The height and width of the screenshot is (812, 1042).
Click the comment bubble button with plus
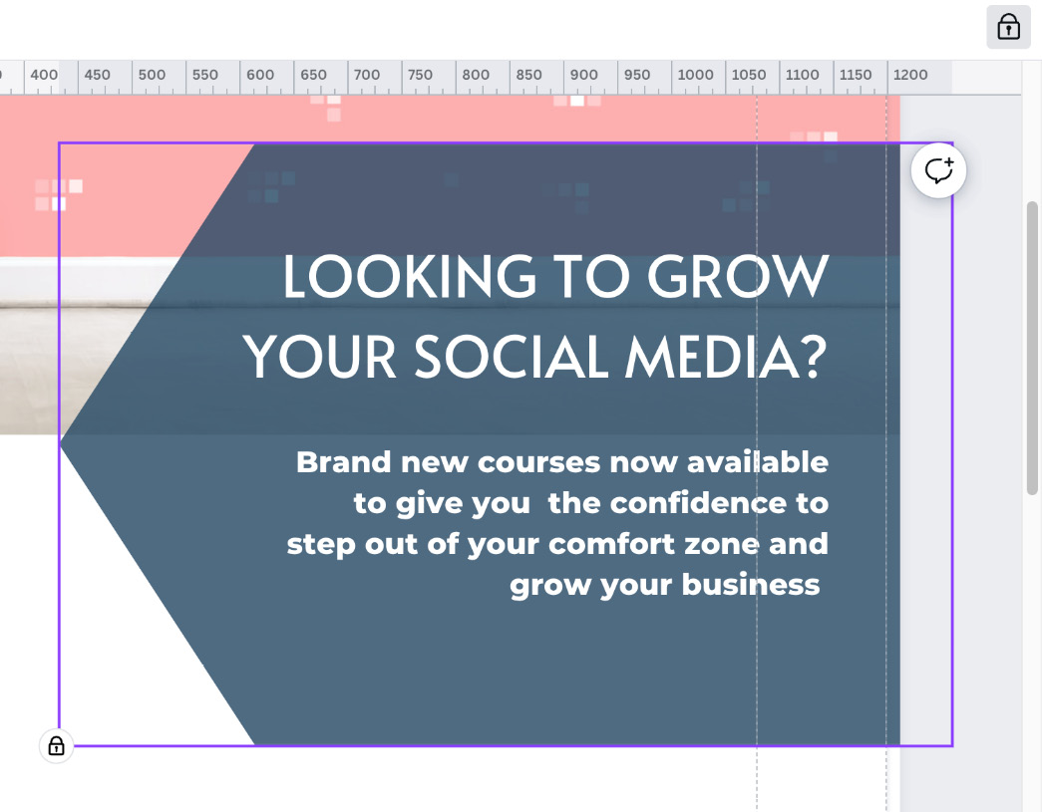coord(938,170)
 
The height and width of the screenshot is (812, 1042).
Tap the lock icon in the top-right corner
coord(1008,27)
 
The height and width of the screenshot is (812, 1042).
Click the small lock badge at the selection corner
coord(57,745)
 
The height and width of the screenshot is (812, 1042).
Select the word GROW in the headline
coord(738,276)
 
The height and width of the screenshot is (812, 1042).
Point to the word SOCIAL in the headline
coord(512,357)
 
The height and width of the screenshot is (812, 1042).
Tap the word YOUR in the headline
coord(320,357)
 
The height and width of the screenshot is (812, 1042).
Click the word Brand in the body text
coord(344,462)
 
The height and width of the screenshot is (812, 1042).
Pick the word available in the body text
coord(758,462)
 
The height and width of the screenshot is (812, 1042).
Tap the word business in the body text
coord(751,585)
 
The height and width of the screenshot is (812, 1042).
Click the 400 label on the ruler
coord(44,75)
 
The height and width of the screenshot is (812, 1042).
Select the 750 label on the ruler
coord(420,75)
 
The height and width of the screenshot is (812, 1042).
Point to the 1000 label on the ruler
coord(695,75)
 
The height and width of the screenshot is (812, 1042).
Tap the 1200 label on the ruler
coord(910,75)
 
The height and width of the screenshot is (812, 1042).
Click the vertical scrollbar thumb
coord(1032,348)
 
